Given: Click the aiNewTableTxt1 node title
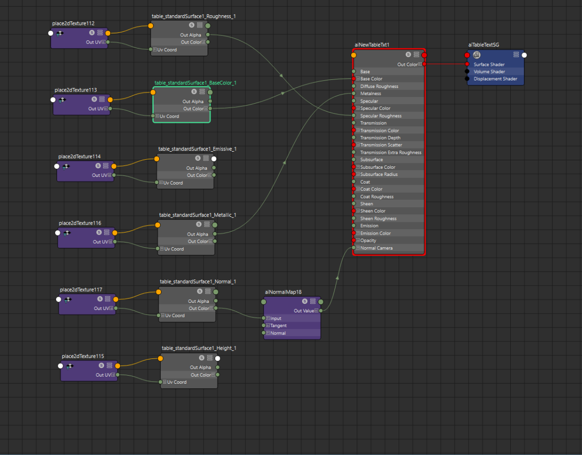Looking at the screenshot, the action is pos(372,45).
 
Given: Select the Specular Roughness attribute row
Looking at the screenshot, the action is pos(389,116).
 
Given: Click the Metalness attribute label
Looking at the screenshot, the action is pos(370,94).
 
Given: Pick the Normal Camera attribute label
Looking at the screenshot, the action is pos(376,248).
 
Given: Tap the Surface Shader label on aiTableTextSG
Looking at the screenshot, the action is pos(489,65).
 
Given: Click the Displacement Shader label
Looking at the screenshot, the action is pos(495,79).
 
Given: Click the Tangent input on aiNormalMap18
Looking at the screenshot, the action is pos(278,326).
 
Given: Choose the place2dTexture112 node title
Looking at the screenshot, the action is pos(73,23).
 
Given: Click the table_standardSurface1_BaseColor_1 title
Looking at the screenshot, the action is pos(195,83).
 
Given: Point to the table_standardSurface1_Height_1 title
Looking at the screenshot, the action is pos(199,348).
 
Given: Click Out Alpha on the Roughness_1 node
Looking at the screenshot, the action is pos(190,35).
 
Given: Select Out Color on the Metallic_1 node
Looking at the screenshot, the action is pos(198,242).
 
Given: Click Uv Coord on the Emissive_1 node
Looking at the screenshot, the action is pos(173,183).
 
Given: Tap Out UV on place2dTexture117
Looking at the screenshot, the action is pos(101,308).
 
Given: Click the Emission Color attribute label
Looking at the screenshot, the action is pos(375,233).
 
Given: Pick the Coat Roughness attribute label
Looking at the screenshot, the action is pos(377,197).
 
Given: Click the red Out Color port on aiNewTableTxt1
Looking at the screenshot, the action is pos(424,64).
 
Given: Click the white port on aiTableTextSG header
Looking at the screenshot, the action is pos(524,55).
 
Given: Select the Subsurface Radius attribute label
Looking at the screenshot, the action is pos(378,174).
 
